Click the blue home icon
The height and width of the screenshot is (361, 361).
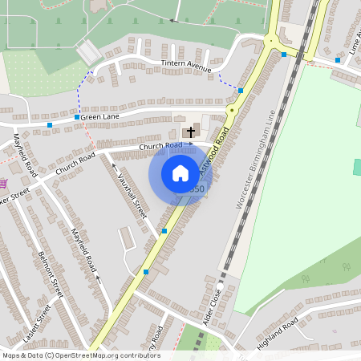(x=180, y=172)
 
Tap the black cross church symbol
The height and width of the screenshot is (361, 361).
(x=190, y=131)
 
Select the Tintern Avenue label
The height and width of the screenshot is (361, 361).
(x=185, y=68)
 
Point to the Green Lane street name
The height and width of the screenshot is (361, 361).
(x=99, y=117)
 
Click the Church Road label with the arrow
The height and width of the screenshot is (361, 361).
(x=165, y=145)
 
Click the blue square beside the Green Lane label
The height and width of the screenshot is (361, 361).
(x=77, y=117)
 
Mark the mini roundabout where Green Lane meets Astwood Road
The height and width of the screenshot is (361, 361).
(x=232, y=109)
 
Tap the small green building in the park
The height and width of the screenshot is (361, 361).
(x=357, y=167)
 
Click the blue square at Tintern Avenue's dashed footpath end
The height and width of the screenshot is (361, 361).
(x=241, y=91)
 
